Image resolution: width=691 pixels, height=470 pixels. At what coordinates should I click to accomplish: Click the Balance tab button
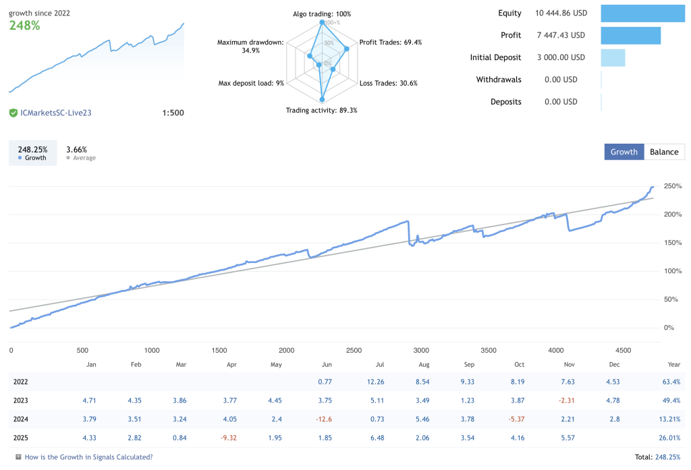click(x=664, y=152)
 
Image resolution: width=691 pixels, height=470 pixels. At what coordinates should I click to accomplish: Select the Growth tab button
click(x=624, y=152)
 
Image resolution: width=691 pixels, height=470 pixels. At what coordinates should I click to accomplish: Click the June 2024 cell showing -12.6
click(x=323, y=419)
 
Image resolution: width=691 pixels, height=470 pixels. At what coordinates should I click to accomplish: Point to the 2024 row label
click(x=20, y=419)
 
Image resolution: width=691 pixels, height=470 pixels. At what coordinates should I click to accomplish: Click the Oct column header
click(x=519, y=364)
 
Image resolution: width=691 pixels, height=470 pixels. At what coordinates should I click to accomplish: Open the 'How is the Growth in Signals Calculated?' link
click(x=88, y=457)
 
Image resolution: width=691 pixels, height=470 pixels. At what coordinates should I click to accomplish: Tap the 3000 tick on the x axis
click(x=421, y=351)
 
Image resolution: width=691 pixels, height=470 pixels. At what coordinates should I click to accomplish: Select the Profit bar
click(x=630, y=35)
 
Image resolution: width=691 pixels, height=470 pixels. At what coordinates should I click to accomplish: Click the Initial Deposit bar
click(x=613, y=57)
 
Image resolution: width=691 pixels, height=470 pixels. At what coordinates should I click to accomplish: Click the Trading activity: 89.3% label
click(x=321, y=110)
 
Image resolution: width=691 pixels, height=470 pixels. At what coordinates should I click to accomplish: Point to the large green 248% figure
click(x=24, y=26)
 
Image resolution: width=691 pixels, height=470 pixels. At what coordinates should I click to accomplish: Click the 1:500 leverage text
click(x=173, y=113)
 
